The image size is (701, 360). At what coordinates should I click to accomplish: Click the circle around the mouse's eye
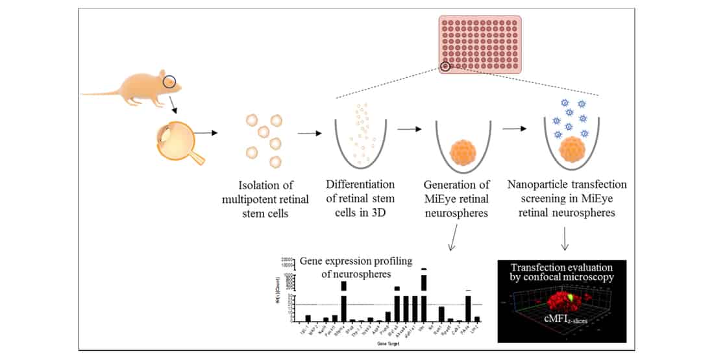pos(169,82)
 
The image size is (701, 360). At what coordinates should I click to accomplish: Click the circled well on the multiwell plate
pos(445,66)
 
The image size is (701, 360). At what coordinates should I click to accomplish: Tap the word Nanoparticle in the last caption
pos(536,185)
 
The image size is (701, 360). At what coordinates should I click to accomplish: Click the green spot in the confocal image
pos(571,298)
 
